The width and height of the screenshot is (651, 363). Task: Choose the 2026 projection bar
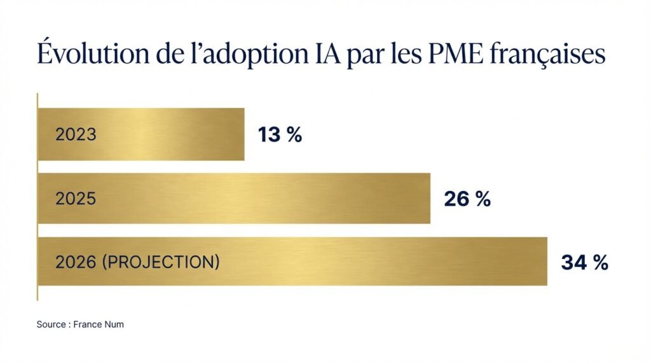[x=381, y=261]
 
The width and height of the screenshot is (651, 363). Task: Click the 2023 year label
[x=76, y=135]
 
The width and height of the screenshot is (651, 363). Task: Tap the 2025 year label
[x=76, y=199]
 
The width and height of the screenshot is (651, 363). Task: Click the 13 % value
[x=280, y=135]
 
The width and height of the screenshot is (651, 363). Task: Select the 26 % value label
[x=467, y=199]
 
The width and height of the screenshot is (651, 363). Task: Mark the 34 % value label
[x=584, y=263]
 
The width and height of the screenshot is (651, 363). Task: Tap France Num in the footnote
[x=99, y=324]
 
